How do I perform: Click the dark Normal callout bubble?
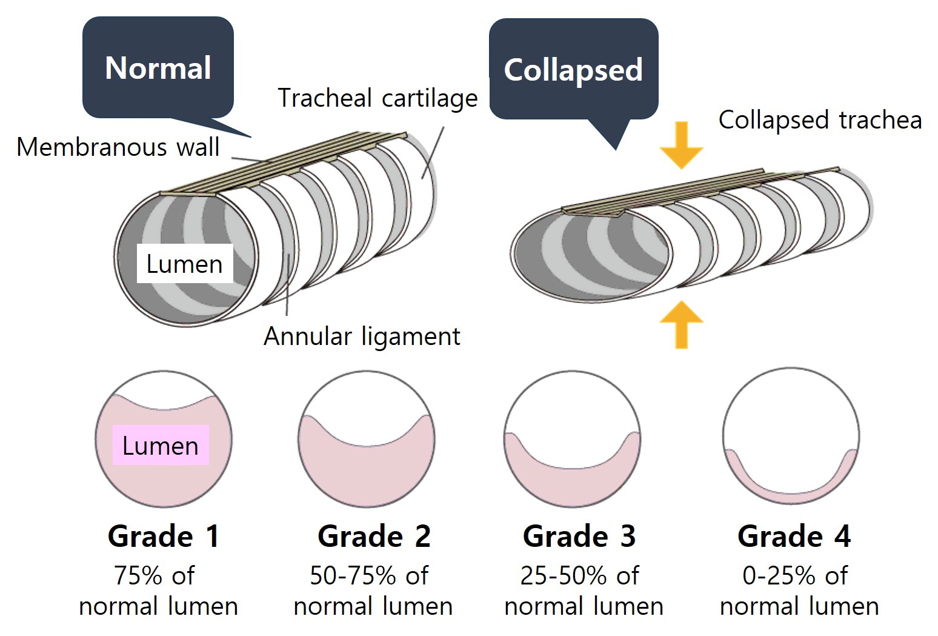click(x=158, y=67)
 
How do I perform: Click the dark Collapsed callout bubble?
click(x=574, y=69)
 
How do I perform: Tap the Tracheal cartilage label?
click(x=378, y=98)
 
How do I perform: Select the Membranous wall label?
click(x=118, y=147)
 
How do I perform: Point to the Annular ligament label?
click(x=362, y=336)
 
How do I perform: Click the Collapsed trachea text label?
click(x=820, y=120)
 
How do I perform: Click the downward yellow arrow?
click(x=681, y=146)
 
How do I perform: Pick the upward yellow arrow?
click(x=681, y=325)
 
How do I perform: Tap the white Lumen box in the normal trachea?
click(x=185, y=264)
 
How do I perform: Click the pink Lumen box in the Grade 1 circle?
click(x=161, y=445)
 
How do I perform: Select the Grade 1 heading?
click(x=164, y=536)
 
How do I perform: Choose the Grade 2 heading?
click(x=374, y=536)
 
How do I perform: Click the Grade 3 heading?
click(x=579, y=536)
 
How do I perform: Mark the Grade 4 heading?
click(x=794, y=536)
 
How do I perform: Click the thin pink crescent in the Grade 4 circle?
click(x=791, y=498)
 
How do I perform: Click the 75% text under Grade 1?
click(x=139, y=575)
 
